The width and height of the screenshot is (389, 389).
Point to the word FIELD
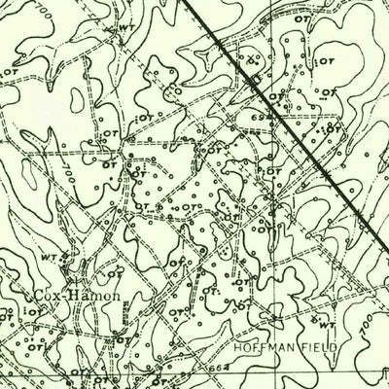click(x=320, y=345)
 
